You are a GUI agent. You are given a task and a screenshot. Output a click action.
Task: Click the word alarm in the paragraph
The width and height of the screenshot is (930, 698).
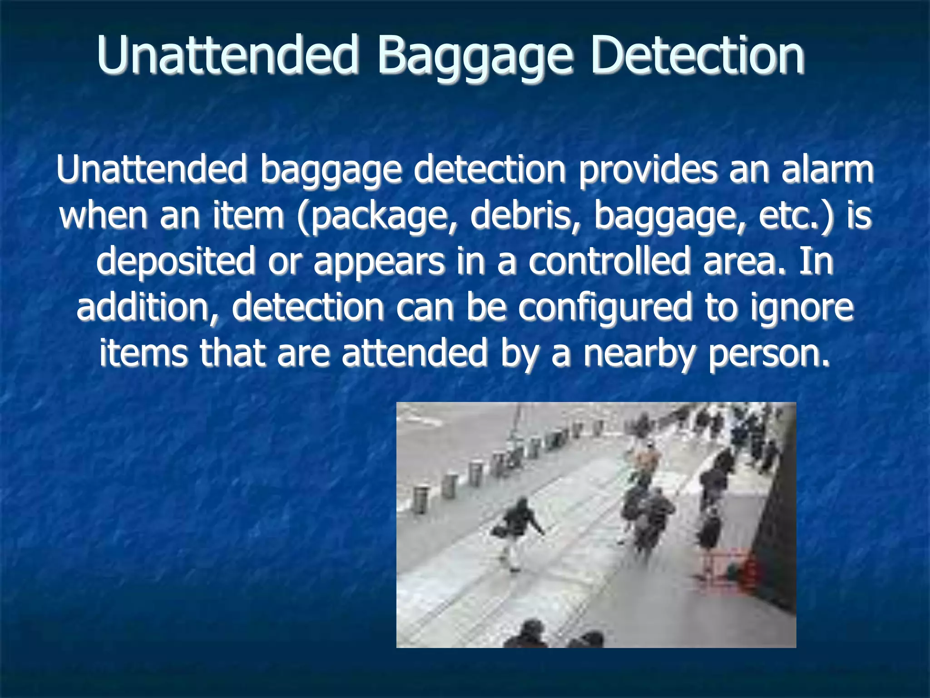point(827,170)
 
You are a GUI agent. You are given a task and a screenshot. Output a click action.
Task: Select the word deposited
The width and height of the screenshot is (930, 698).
point(176,263)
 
